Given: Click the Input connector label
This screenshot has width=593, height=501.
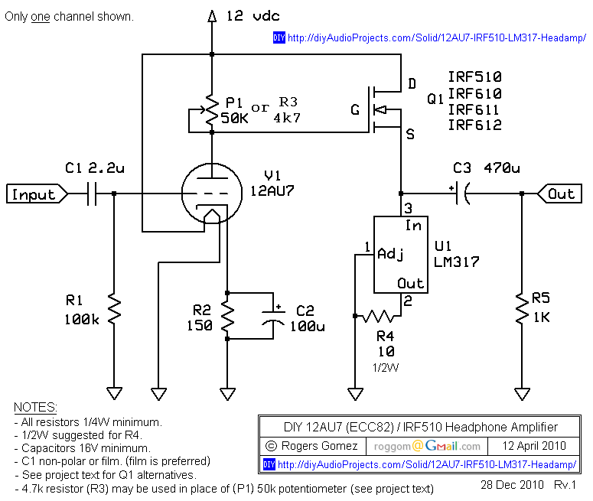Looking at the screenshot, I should tap(34, 194).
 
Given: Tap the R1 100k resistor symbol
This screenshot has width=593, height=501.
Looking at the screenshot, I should tap(114, 310).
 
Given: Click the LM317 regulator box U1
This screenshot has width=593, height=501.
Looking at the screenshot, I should tap(399, 254).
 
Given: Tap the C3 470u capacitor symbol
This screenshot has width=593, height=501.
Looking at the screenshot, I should tap(461, 194).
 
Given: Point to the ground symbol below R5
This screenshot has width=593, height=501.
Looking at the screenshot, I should tap(522, 394).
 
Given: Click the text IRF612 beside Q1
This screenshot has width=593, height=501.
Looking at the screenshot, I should tap(474, 125).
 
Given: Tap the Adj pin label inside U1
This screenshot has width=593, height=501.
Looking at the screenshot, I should tap(390, 253).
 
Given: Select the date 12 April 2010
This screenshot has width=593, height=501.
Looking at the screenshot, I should tap(535, 446).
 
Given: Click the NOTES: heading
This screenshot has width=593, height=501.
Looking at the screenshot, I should tap(35, 406).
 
